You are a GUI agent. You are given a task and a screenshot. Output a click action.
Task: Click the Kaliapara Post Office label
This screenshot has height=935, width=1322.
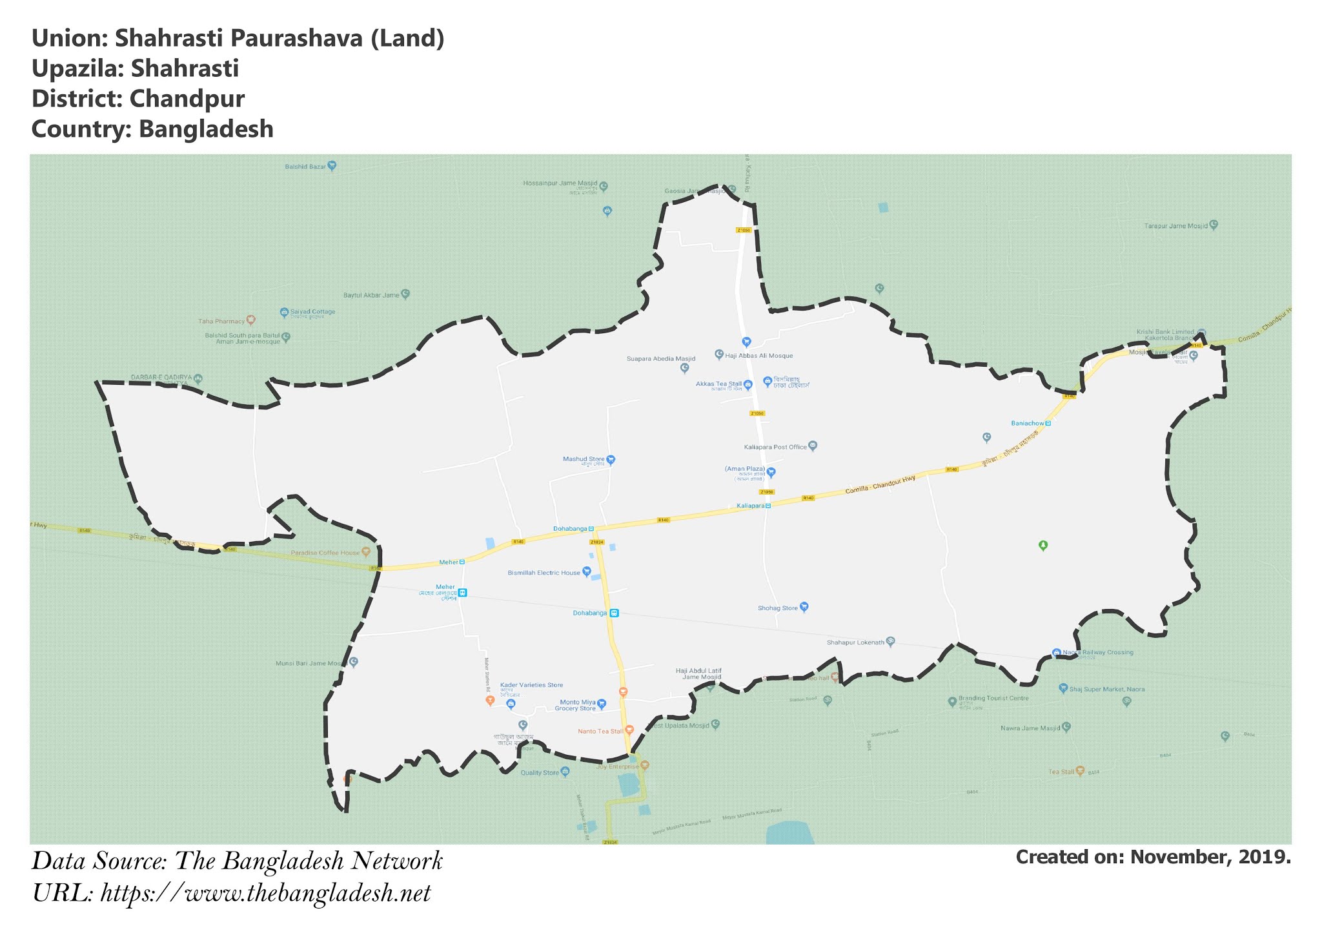[x=775, y=447]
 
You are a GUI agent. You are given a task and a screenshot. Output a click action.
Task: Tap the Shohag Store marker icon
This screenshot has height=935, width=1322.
[x=804, y=607]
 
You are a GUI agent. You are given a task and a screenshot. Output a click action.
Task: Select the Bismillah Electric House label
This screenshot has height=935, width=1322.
[x=544, y=573]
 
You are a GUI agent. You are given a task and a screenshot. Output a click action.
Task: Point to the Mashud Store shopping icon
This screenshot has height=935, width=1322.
[x=611, y=460]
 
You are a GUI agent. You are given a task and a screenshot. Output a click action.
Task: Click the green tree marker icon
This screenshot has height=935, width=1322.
[x=1043, y=546]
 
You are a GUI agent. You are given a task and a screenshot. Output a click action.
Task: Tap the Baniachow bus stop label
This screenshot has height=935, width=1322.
[x=1027, y=424]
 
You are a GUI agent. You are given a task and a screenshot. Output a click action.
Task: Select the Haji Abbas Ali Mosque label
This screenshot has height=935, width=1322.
[x=759, y=356]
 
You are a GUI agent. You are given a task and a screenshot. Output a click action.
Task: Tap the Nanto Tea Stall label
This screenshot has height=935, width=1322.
[x=600, y=732]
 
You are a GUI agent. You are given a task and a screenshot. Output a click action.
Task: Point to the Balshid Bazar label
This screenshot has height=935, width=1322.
[x=305, y=167]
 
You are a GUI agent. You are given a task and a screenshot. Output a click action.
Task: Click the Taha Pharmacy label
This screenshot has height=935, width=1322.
[x=221, y=321]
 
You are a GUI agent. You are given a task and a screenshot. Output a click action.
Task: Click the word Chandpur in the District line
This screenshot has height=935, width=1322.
[x=187, y=99]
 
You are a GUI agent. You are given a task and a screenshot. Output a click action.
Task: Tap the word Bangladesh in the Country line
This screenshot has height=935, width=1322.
[x=206, y=129]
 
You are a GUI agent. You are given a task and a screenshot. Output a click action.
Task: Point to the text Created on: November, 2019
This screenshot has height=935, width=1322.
[x=1153, y=858]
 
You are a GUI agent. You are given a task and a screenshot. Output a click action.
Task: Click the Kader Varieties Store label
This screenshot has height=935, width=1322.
[x=532, y=685]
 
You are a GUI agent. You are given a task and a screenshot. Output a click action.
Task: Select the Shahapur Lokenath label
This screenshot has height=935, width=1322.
[x=855, y=642]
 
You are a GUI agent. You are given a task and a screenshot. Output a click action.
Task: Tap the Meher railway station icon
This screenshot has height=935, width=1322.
[x=462, y=593]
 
